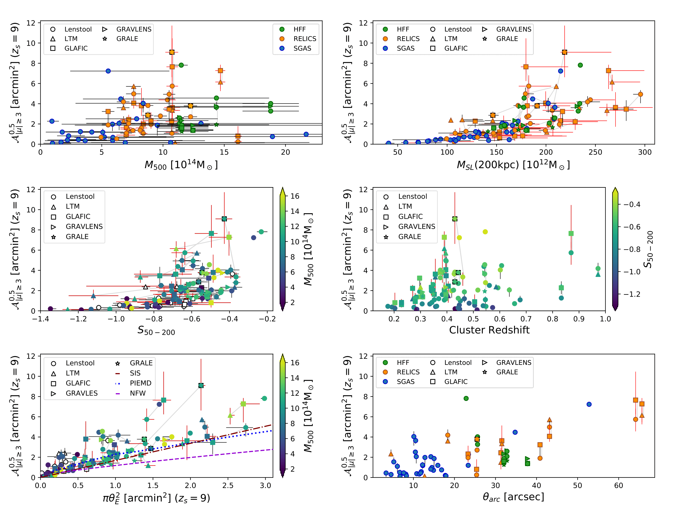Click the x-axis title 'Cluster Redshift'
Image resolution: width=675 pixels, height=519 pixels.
(x=489, y=330)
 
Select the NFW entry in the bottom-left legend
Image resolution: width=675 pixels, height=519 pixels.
(x=138, y=393)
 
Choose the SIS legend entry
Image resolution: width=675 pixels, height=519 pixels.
(x=135, y=373)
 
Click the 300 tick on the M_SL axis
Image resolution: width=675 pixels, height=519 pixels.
(x=645, y=152)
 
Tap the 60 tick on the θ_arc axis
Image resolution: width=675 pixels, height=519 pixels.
(x=618, y=485)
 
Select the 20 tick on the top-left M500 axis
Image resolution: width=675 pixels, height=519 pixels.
(x=285, y=152)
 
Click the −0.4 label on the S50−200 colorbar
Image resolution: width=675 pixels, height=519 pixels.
(x=632, y=204)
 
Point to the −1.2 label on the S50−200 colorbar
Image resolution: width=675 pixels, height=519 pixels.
(x=632, y=294)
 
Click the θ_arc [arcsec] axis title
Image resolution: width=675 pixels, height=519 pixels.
(x=513, y=497)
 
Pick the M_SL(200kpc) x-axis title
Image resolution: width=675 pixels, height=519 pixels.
(x=513, y=165)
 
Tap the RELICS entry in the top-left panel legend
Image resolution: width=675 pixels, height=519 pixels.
(x=305, y=39)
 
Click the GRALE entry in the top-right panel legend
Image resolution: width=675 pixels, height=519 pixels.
(x=507, y=39)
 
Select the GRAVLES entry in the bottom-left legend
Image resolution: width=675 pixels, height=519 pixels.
(x=82, y=393)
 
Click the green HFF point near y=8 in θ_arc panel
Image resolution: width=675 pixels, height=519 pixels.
(x=466, y=399)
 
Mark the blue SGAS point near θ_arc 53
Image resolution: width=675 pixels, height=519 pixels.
(x=589, y=404)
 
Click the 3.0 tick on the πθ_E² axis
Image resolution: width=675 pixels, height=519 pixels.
(x=265, y=485)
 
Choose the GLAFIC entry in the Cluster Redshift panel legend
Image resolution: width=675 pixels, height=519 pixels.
(x=410, y=217)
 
